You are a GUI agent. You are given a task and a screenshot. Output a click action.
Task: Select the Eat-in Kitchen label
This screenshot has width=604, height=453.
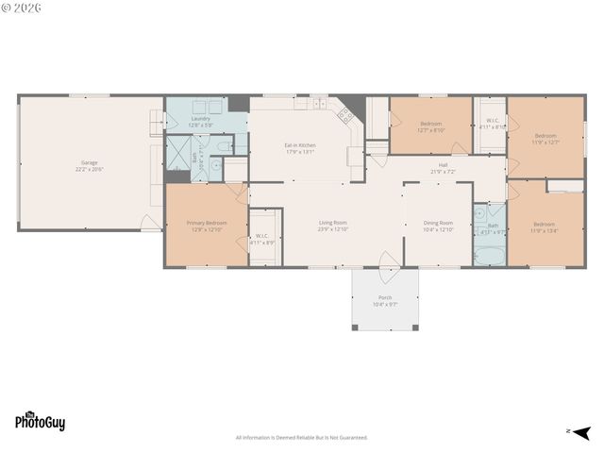[x=300, y=147]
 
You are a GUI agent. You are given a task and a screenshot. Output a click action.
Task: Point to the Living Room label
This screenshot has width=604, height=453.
[x=333, y=225]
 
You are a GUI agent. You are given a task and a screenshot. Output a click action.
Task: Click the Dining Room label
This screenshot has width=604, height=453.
[x=438, y=225]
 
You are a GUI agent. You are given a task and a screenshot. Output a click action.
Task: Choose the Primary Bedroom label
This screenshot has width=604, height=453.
[x=205, y=225]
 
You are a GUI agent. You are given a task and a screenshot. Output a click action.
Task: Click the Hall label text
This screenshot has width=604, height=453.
[x=443, y=167]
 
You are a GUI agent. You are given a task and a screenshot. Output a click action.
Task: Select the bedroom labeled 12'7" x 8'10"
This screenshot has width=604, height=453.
[x=431, y=126]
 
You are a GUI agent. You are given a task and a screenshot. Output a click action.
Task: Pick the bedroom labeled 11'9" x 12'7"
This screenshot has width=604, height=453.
[x=545, y=139]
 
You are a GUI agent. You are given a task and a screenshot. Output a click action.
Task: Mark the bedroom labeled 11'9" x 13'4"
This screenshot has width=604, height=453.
[x=545, y=225]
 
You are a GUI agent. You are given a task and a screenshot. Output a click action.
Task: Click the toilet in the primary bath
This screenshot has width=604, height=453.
[x=223, y=146]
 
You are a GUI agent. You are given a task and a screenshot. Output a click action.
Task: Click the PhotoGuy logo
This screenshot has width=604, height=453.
[x=40, y=422]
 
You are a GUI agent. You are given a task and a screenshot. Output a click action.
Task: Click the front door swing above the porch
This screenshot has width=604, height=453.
[x=387, y=260]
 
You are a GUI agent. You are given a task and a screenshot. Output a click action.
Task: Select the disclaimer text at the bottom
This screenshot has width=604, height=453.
[x=301, y=437]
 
